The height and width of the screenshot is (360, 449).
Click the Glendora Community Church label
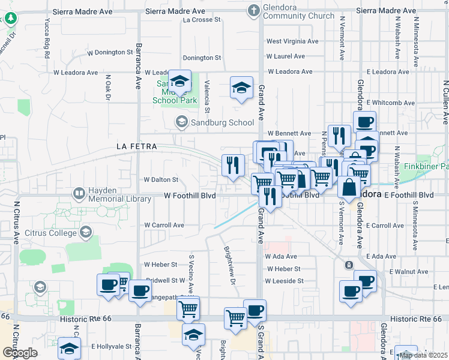(291, 11)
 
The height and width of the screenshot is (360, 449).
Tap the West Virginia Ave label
(292, 41)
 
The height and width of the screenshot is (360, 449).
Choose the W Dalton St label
(161, 179)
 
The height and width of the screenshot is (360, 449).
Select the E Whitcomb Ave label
(391, 103)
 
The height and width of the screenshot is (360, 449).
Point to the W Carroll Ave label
(164, 225)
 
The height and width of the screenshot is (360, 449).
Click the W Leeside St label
(285, 280)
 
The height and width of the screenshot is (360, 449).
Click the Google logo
(20, 352)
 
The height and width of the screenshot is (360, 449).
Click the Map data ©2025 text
(423, 355)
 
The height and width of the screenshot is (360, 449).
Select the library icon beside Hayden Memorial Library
(79, 194)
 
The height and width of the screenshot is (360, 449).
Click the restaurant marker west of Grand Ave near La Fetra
(232, 165)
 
